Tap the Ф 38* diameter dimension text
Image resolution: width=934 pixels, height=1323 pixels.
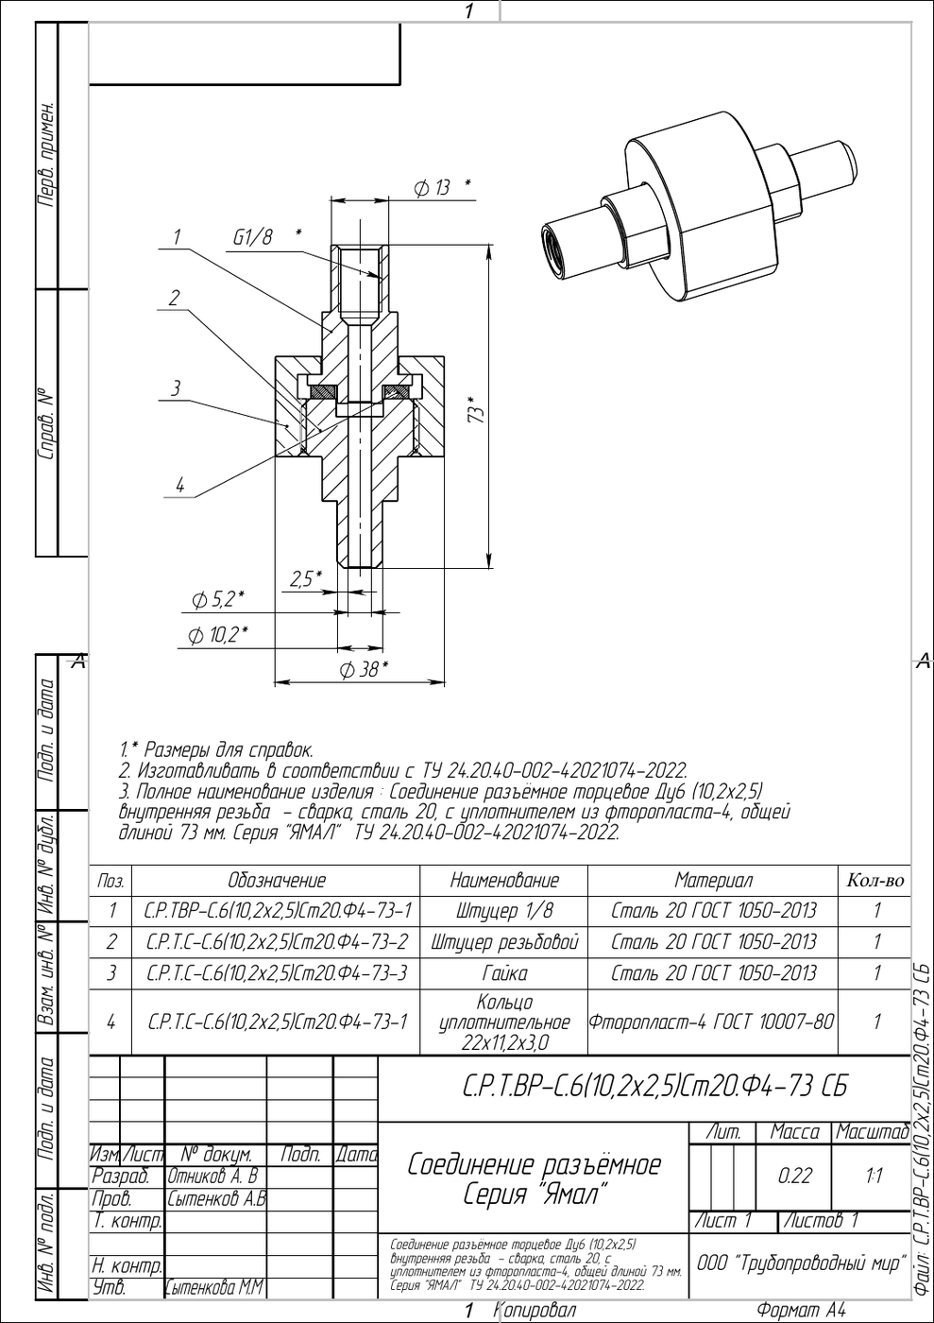click(x=365, y=669)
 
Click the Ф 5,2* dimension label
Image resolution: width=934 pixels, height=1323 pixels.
click(x=218, y=601)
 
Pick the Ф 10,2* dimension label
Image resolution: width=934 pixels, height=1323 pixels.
click(x=218, y=635)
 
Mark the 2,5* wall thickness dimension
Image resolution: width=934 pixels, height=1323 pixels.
click(x=306, y=578)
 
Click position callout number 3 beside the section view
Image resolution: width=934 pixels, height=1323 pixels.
click(x=176, y=388)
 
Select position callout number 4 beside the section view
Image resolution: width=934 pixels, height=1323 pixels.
click(x=180, y=486)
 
